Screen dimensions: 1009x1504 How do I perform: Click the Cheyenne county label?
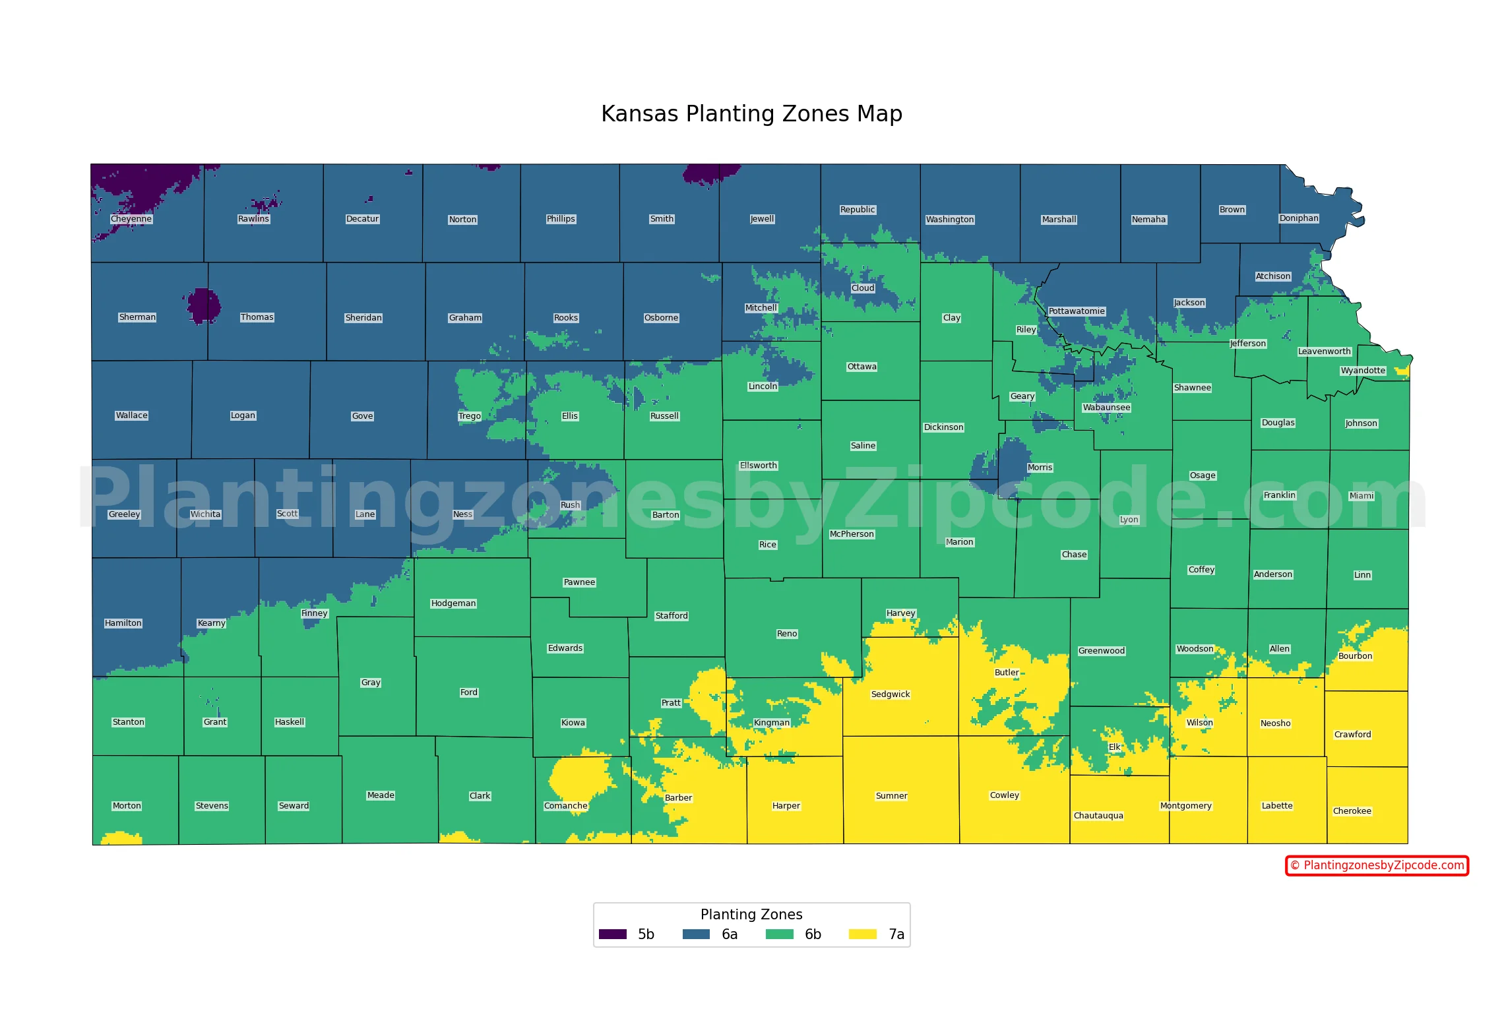[131, 219]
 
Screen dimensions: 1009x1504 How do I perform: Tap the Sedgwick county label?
[890, 694]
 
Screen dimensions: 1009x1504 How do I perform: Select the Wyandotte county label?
[1363, 371]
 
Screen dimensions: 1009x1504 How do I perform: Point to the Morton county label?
[127, 806]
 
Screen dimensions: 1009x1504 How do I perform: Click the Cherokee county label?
[1352, 811]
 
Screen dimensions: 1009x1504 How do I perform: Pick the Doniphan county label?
[1299, 218]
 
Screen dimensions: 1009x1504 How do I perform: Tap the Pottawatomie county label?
[1077, 311]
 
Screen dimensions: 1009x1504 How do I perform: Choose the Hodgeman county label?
[453, 603]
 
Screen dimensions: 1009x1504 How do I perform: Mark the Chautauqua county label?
[1098, 816]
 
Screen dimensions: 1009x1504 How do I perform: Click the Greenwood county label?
[1101, 651]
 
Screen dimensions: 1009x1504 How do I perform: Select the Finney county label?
[314, 613]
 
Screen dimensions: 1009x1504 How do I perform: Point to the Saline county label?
[863, 446]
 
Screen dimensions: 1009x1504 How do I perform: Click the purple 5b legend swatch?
[612, 934]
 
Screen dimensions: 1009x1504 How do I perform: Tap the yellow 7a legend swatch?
[862, 934]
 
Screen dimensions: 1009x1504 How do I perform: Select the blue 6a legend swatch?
[696, 934]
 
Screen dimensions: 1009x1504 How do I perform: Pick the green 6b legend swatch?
[779, 934]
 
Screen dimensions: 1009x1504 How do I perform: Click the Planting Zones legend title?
[751, 915]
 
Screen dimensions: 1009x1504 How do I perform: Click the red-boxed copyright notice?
[1377, 865]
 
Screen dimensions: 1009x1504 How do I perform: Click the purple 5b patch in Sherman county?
[203, 305]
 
